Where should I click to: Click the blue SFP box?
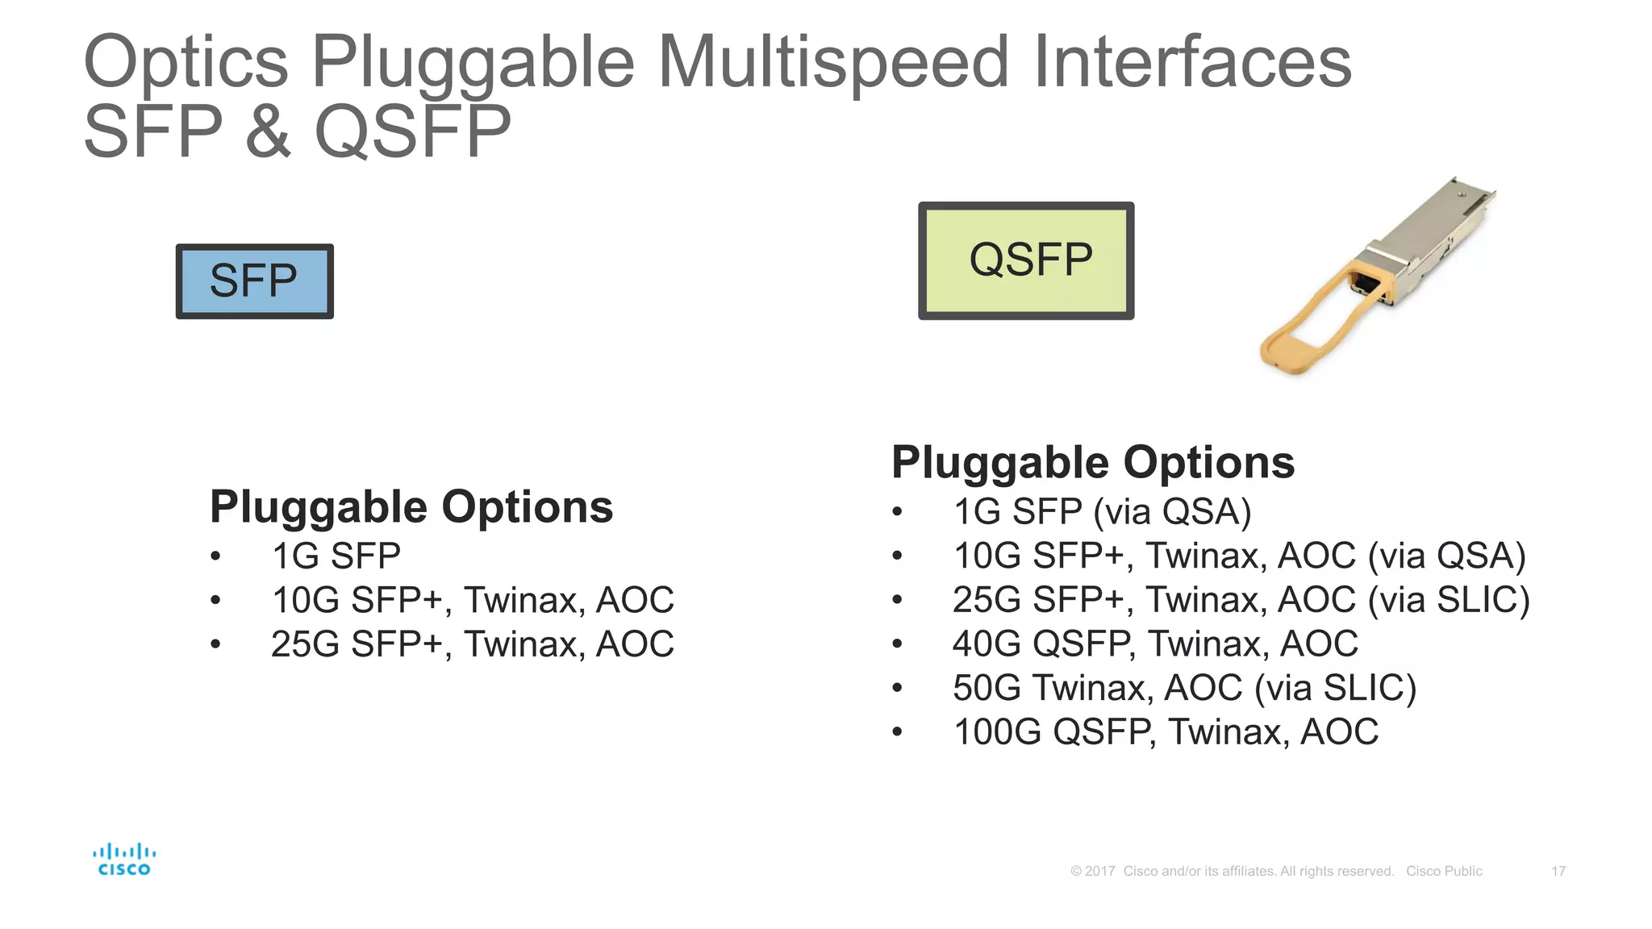[254, 281]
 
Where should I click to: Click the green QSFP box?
[1026, 260]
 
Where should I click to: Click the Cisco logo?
[123, 860]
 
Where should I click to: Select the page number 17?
[1558, 871]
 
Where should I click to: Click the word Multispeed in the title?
[832, 63]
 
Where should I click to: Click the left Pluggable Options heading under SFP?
[411, 507]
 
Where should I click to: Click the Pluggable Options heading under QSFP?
[1093, 463]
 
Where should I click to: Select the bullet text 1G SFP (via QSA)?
[1102, 512]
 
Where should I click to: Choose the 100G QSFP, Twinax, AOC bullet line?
[1166, 732]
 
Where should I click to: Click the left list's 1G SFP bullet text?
[336, 556]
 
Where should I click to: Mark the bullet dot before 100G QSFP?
[897, 732]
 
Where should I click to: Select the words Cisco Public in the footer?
[1444, 871]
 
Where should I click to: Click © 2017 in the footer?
[1092, 871]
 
